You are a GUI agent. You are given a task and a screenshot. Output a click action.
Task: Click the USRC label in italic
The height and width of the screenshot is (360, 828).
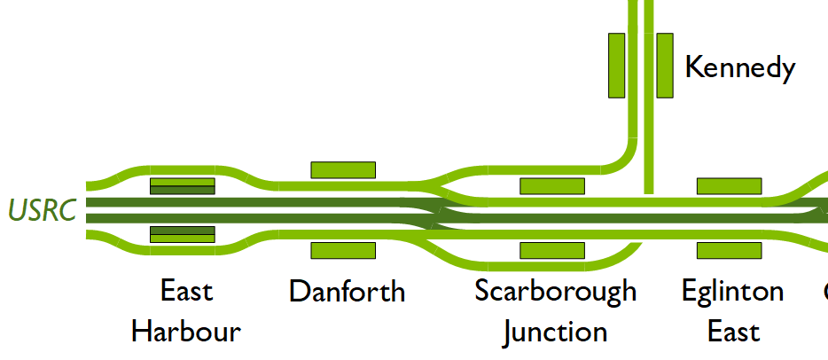(x=42, y=211)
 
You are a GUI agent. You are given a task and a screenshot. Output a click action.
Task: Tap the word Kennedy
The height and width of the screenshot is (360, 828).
(x=739, y=67)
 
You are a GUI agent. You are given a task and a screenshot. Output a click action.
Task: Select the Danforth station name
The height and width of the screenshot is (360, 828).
(x=347, y=291)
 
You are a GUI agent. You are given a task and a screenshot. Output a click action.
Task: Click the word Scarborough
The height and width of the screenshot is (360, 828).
(x=555, y=291)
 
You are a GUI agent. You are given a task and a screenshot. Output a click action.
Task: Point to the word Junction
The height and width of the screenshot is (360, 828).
(x=555, y=333)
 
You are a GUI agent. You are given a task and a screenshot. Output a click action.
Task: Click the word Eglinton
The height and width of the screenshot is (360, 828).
(x=732, y=291)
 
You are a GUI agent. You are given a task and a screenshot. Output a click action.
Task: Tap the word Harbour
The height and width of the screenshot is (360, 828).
(x=186, y=333)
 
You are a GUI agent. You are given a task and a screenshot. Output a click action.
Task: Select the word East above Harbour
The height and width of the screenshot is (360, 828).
(x=186, y=291)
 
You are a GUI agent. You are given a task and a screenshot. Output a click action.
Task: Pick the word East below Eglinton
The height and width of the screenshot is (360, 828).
(x=733, y=333)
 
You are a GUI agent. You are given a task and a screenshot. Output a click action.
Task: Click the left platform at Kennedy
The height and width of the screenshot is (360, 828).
(x=617, y=66)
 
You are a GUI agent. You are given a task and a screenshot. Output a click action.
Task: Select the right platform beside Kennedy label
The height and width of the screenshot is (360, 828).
(x=665, y=66)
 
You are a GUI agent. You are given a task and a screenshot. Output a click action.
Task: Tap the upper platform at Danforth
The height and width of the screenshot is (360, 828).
(x=343, y=169)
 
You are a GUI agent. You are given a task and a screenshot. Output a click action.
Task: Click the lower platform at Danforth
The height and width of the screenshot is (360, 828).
(x=343, y=250)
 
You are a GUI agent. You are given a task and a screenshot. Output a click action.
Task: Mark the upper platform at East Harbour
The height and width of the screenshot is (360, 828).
(x=182, y=186)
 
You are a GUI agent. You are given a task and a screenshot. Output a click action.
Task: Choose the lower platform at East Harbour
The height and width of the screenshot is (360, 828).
(x=182, y=234)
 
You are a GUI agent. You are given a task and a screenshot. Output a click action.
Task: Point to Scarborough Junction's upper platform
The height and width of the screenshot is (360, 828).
(x=552, y=186)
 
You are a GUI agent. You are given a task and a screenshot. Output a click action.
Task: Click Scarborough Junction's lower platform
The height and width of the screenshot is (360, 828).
(x=552, y=250)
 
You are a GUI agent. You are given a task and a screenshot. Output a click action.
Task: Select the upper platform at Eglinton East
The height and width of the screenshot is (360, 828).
(x=729, y=186)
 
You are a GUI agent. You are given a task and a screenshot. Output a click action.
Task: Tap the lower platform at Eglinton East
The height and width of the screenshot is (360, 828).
(x=729, y=250)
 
